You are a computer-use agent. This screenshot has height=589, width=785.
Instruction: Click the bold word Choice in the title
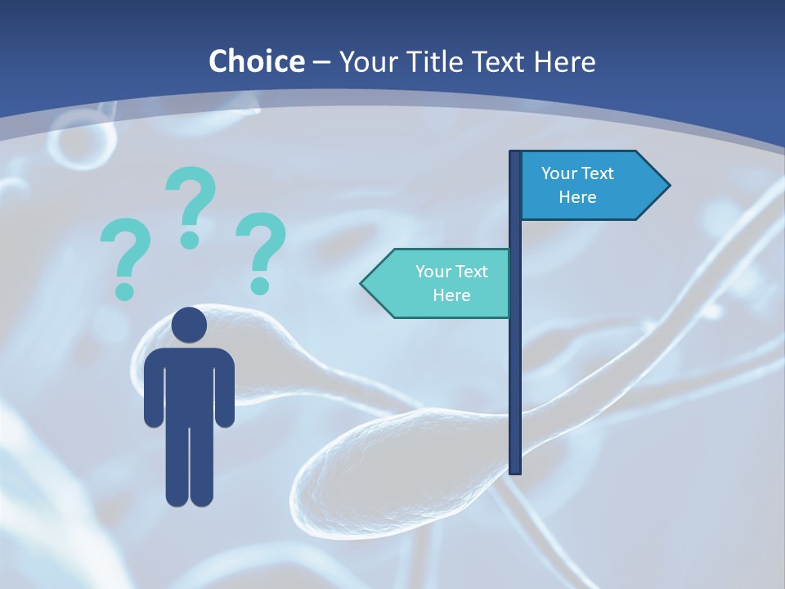point(256,61)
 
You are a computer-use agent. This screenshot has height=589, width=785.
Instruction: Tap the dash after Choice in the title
point(321,62)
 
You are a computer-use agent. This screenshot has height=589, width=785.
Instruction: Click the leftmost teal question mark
point(125,258)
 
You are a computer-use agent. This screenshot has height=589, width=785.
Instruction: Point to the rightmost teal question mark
point(261,251)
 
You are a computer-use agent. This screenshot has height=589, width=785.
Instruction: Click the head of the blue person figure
point(189,325)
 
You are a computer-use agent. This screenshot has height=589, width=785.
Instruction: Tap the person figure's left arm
point(154,389)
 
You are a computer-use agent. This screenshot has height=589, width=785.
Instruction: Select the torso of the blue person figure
point(189,384)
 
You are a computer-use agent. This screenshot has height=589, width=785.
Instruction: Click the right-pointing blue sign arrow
point(589,186)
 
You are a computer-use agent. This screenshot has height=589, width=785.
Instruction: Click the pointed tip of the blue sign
point(667,186)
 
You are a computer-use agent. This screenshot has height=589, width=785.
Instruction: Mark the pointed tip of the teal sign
point(363,283)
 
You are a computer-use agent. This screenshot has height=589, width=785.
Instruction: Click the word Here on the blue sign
point(577,197)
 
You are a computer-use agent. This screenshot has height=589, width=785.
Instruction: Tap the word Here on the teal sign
point(451,295)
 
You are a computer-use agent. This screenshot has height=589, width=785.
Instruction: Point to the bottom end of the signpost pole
point(515,470)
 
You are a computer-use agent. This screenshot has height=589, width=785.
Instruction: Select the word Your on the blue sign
point(559,173)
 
